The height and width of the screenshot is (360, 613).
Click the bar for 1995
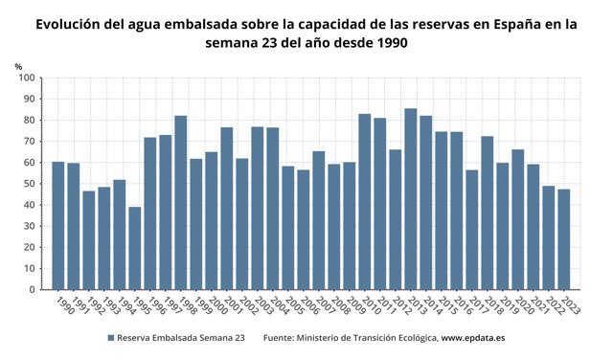135,248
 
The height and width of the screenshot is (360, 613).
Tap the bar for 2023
564,239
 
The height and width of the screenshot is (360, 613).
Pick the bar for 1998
181,202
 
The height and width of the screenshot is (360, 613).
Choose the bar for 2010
365,201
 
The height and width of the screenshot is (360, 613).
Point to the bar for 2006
304,230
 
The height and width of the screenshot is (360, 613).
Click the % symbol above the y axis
18,65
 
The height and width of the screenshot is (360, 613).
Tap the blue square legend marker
110,338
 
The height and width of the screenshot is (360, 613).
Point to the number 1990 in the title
387,44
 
